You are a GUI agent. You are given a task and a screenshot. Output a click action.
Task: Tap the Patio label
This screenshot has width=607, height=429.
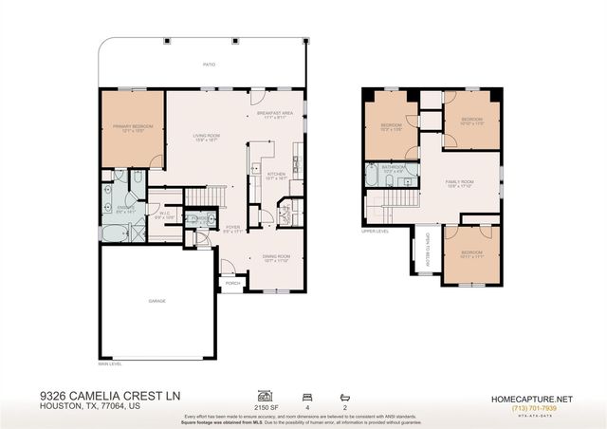pos(208,65)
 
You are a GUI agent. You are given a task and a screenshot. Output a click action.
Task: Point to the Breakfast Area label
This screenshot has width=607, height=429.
pos(274,114)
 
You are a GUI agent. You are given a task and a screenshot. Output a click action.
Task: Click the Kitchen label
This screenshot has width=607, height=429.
pos(276,175)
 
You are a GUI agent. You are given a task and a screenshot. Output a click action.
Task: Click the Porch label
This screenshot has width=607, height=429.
pos(231,283)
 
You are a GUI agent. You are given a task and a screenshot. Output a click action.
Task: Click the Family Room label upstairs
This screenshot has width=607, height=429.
pos(460,180)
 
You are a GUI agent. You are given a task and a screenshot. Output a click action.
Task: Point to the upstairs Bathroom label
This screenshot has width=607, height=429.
pos(395,167)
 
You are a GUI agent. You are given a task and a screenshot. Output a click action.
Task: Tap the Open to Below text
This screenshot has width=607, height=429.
pos(428,250)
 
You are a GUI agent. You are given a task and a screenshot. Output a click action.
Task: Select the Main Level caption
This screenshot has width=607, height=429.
pos(110,362)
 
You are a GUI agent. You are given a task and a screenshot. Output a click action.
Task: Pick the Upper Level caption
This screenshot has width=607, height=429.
pos(376,230)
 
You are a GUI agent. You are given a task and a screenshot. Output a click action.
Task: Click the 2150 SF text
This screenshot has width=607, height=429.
pos(266,402)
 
